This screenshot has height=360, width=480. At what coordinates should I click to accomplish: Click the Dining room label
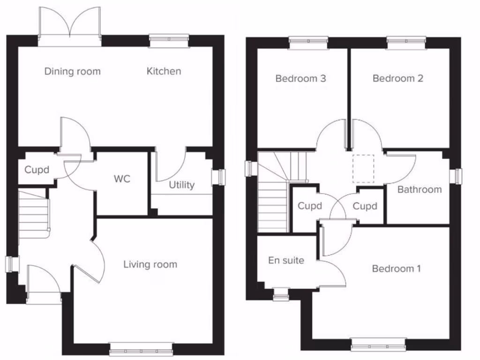point(73,72)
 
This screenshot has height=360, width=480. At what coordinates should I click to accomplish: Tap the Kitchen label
point(164,71)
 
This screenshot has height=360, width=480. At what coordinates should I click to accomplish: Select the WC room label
point(122,179)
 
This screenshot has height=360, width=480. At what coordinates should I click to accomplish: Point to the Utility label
point(181,185)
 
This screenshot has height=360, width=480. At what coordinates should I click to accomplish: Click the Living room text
point(150,265)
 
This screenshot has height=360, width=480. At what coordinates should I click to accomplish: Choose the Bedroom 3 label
point(300,78)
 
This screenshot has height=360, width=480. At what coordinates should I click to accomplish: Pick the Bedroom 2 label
point(397,78)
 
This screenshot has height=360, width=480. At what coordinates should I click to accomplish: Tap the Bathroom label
point(419,189)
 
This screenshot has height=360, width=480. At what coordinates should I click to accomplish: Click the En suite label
point(286,260)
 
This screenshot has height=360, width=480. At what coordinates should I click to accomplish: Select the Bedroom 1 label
point(396,269)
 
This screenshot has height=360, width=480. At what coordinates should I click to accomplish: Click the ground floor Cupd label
point(37,170)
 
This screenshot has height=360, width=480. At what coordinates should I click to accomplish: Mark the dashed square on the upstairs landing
point(363,169)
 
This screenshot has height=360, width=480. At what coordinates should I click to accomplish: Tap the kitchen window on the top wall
point(169,41)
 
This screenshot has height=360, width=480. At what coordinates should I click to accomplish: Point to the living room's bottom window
point(141,349)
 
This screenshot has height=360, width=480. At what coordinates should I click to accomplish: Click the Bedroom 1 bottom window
point(378,345)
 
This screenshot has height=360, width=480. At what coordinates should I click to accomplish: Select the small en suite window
point(281,294)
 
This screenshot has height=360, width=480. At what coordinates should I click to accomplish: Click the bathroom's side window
point(454,176)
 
